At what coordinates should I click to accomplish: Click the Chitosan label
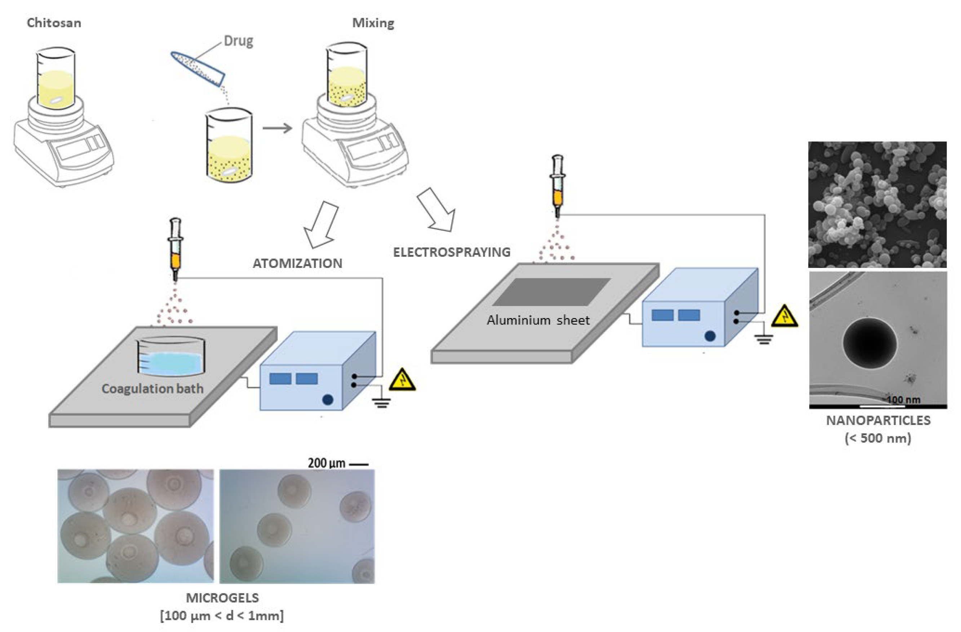click(54, 23)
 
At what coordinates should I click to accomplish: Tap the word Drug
click(238, 41)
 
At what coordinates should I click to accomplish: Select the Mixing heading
click(373, 23)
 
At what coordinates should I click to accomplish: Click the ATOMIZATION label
click(297, 263)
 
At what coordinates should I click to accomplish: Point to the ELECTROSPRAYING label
click(451, 252)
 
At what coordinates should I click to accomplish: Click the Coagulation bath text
click(152, 389)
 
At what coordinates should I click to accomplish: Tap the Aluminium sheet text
click(537, 320)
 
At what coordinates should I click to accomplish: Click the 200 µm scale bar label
click(326, 463)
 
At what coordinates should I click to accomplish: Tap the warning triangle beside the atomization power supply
click(402, 380)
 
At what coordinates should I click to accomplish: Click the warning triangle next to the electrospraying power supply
click(784, 316)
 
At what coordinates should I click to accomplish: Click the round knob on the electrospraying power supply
click(710, 336)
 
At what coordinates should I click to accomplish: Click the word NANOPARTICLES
click(878, 420)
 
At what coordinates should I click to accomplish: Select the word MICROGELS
click(222, 598)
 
